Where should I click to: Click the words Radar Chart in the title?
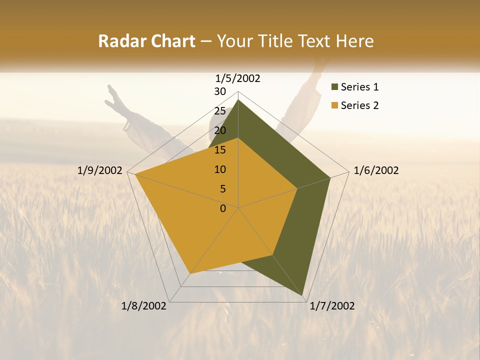tap(146, 41)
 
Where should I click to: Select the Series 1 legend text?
tap(359, 87)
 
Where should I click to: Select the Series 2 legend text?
tap(359, 105)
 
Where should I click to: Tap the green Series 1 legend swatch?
tap(334, 87)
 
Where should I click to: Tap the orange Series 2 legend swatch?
tap(334, 105)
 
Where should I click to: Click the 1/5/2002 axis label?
tap(238, 78)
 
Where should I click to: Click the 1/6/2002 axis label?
tap(376, 171)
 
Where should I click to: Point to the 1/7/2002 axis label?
tap(332, 306)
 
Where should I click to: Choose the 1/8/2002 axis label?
tap(144, 306)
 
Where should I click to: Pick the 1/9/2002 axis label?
tap(100, 171)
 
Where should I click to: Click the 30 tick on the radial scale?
tap(220, 91)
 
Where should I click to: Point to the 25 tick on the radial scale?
tap(220, 111)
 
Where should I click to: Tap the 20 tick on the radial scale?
tap(220, 130)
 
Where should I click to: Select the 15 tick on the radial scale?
tap(220, 150)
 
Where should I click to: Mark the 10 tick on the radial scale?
tap(220, 169)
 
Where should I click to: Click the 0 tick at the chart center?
tap(223, 208)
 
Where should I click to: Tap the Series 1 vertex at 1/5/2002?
tap(238, 100)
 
